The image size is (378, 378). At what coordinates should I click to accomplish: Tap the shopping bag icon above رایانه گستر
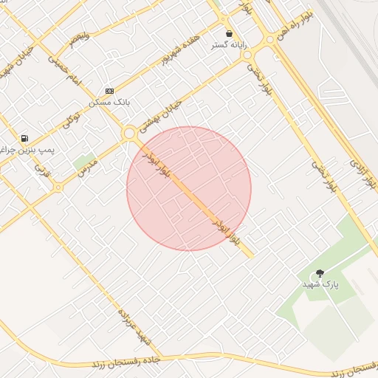230,34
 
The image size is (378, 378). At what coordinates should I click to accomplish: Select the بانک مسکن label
109,102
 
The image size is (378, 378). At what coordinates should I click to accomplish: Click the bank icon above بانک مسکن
109,91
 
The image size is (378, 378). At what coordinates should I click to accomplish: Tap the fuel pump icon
24,138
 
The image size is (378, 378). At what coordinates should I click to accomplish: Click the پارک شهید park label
319,283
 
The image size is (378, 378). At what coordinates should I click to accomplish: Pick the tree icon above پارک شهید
320,273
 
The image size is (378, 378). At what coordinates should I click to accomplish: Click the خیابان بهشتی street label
157,117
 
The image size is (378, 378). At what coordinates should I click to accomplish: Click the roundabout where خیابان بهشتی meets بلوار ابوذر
130,134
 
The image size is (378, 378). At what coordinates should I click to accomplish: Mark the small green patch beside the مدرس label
83,161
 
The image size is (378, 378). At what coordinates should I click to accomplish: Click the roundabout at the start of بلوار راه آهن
270,39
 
